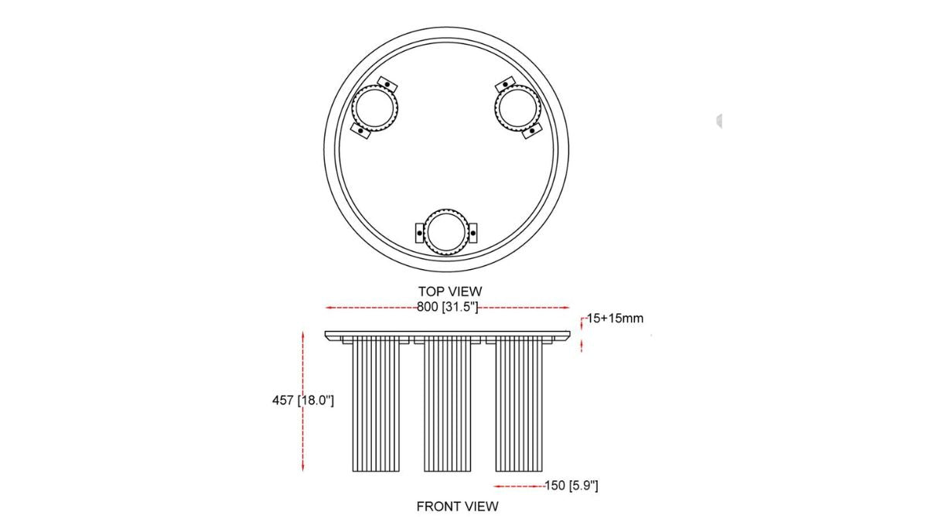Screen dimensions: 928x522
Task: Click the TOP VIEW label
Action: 450,292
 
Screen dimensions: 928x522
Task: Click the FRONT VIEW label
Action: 457,507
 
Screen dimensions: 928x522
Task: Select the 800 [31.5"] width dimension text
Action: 448,307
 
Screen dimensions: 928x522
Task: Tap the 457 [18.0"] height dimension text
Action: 303,401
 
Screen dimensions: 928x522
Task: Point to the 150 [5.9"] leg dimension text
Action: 571,486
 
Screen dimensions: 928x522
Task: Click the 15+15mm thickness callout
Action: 616,318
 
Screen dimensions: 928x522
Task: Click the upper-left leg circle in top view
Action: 352,108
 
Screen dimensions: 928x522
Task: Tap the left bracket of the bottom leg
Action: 419,233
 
